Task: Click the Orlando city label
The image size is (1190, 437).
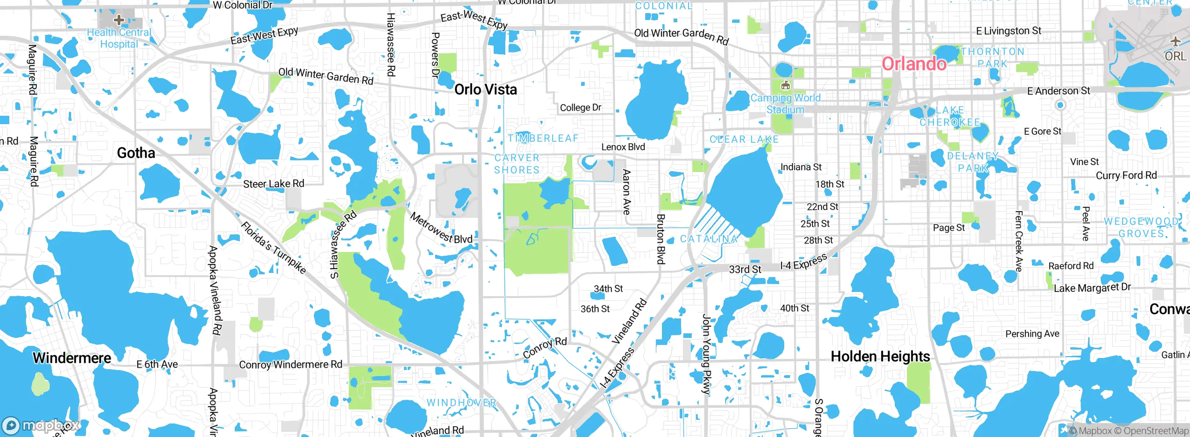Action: (914, 64)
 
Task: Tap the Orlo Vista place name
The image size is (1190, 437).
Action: (485, 89)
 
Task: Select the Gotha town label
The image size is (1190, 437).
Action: (136, 153)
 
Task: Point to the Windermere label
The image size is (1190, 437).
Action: (72, 358)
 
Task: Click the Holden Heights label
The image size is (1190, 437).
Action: (880, 357)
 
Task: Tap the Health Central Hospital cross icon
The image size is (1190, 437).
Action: (119, 20)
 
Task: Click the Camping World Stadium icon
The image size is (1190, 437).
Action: (786, 85)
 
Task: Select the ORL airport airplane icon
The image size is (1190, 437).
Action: (1176, 42)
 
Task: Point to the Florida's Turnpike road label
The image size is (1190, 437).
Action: (273, 247)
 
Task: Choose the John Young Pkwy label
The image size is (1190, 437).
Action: (706, 354)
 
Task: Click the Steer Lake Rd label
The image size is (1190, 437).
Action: (273, 184)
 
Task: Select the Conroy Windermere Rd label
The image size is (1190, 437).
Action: (291, 364)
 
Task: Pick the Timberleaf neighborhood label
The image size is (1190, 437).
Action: (543, 138)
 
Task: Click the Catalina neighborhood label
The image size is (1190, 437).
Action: (709, 239)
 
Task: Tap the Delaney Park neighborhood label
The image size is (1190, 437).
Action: (972, 162)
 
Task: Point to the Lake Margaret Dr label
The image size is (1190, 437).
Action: (1092, 288)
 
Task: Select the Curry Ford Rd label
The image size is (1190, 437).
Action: (1126, 175)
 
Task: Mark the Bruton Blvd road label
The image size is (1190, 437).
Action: (661, 239)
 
